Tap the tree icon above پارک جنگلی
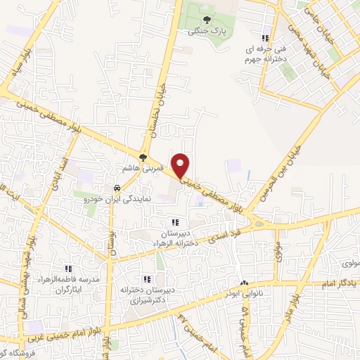[x=206, y=20]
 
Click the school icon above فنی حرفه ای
[x=264, y=39]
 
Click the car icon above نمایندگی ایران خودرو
[x=117, y=188]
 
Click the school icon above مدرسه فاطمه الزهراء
[x=68, y=269]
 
